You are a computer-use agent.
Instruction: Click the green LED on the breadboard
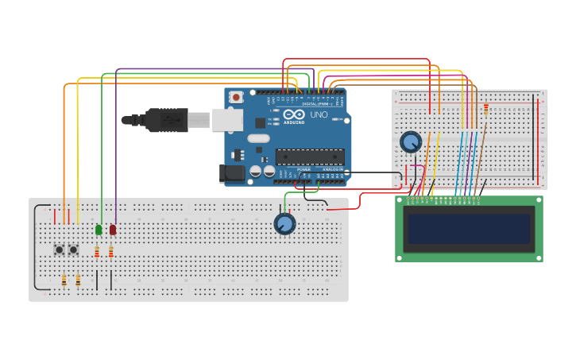[x=99, y=230]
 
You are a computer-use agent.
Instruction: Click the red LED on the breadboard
[x=113, y=230]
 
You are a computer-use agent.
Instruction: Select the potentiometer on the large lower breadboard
[x=284, y=223]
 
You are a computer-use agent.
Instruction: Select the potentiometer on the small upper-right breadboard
[x=411, y=141]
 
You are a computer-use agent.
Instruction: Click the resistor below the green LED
[x=97, y=253]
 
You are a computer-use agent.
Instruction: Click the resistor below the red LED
[x=111, y=253]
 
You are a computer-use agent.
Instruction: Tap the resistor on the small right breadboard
[x=486, y=110]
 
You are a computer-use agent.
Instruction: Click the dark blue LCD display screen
[x=469, y=229]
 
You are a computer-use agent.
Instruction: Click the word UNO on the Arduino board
[x=318, y=115]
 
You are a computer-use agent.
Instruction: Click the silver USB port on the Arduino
[x=227, y=119]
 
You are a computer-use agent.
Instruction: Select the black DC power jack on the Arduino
[x=231, y=172]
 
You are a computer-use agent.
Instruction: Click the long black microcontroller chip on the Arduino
[x=310, y=157]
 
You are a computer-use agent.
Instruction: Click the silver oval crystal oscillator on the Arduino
[x=259, y=138]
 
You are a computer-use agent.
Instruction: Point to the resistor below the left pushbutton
[x=64, y=280]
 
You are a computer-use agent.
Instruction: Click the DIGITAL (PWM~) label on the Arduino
[x=318, y=104]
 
